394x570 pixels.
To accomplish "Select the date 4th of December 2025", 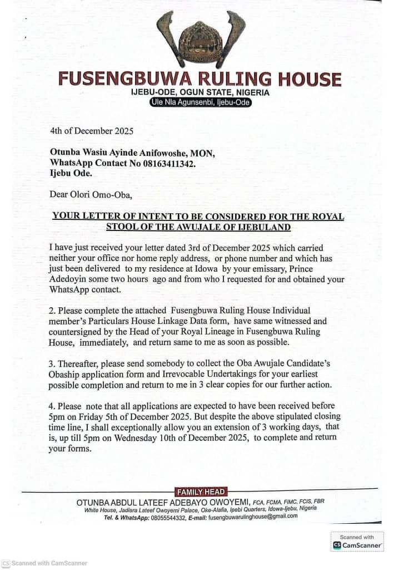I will (92, 132).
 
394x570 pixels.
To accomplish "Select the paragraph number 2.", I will (52, 309).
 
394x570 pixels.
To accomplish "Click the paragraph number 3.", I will (52, 363).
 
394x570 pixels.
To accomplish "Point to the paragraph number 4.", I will (52, 405).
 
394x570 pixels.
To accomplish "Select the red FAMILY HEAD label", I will (201, 492).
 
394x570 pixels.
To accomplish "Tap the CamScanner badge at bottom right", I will (357, 542).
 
